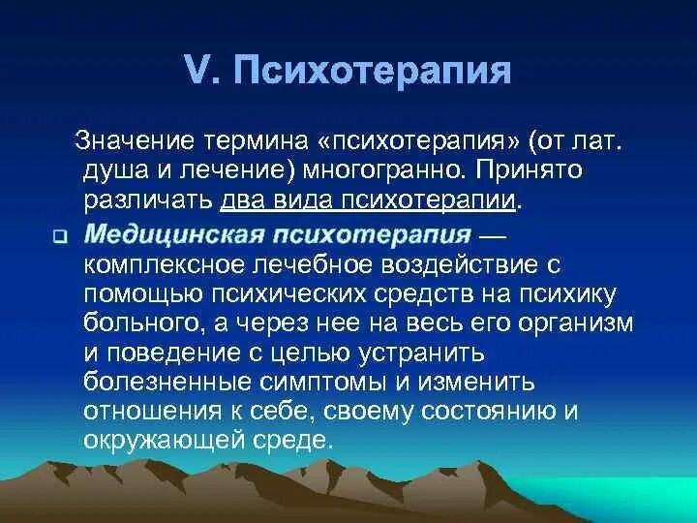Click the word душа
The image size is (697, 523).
pos(111,172)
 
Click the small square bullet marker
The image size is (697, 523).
pos(58,236)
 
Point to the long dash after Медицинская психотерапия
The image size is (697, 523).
pos(500,233)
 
